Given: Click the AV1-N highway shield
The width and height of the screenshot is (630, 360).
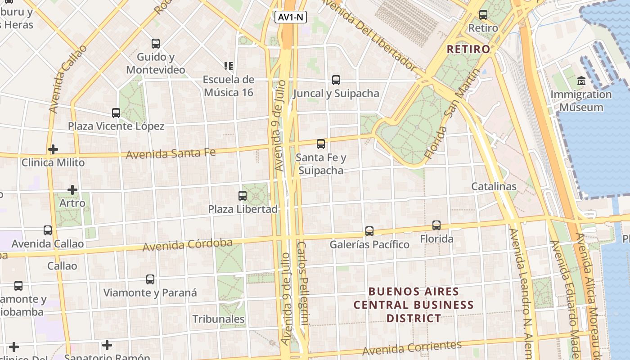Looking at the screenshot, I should click(291, 17).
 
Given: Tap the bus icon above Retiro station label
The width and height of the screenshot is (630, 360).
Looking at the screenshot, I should click(483, 15).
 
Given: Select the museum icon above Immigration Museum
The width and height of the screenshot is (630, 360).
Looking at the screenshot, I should click(581, 81).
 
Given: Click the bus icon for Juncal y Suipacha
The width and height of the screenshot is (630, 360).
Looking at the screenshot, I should click(336, 80).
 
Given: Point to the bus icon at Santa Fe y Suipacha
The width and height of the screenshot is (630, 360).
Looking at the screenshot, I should click(321, 144).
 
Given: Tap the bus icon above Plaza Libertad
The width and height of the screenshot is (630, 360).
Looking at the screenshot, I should click(243, 196).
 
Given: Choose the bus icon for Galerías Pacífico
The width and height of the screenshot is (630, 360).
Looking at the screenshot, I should click(369, 231).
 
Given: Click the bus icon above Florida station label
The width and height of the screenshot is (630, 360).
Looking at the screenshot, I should click(436, 225).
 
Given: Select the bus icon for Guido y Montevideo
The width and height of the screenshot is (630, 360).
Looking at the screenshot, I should click(156, 44).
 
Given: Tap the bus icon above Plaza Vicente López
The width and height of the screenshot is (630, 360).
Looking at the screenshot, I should click(116, 113).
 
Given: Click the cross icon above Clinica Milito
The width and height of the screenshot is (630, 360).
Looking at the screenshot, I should click(53, 149).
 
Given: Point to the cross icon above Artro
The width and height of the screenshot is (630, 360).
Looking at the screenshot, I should click(72, 190).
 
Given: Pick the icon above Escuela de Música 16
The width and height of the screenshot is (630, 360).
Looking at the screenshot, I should click(229, 66).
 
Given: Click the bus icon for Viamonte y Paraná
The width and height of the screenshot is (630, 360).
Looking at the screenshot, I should click(150, 279).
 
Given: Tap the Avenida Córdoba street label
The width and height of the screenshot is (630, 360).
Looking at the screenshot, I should click(188, 245).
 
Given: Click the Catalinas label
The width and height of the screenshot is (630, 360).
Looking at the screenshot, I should click(494, 186).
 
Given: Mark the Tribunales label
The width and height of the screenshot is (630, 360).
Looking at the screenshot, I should click(219, 319).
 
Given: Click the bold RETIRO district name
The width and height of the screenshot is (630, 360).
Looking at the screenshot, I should click(468, 49).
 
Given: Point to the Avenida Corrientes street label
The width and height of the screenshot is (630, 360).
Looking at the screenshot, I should click(412, 348).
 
